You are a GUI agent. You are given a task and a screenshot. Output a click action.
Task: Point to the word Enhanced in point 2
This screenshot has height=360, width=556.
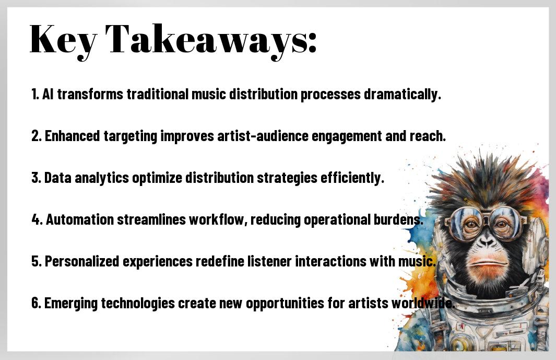pyautogui.click(x=73, y=136)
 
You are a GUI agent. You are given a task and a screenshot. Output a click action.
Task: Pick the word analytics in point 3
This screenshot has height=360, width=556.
pyautogui.click(x=102, y=178)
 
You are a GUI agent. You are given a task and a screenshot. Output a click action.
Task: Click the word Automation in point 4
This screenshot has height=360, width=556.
pyautogui.click(x=80, y=219)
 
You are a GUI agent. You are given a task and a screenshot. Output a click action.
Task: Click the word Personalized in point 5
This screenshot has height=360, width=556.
pyautogui.click(x=82, y=261)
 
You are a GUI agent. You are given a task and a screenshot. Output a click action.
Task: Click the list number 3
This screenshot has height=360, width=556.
pyautogui.click(x=36, y=178)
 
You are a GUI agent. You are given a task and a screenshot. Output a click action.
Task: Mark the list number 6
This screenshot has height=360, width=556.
pyautogui.click(x=36, y=303)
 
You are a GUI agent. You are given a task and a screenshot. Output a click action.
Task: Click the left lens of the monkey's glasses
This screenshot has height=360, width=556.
pyautogui.click(x=465, y=223)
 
